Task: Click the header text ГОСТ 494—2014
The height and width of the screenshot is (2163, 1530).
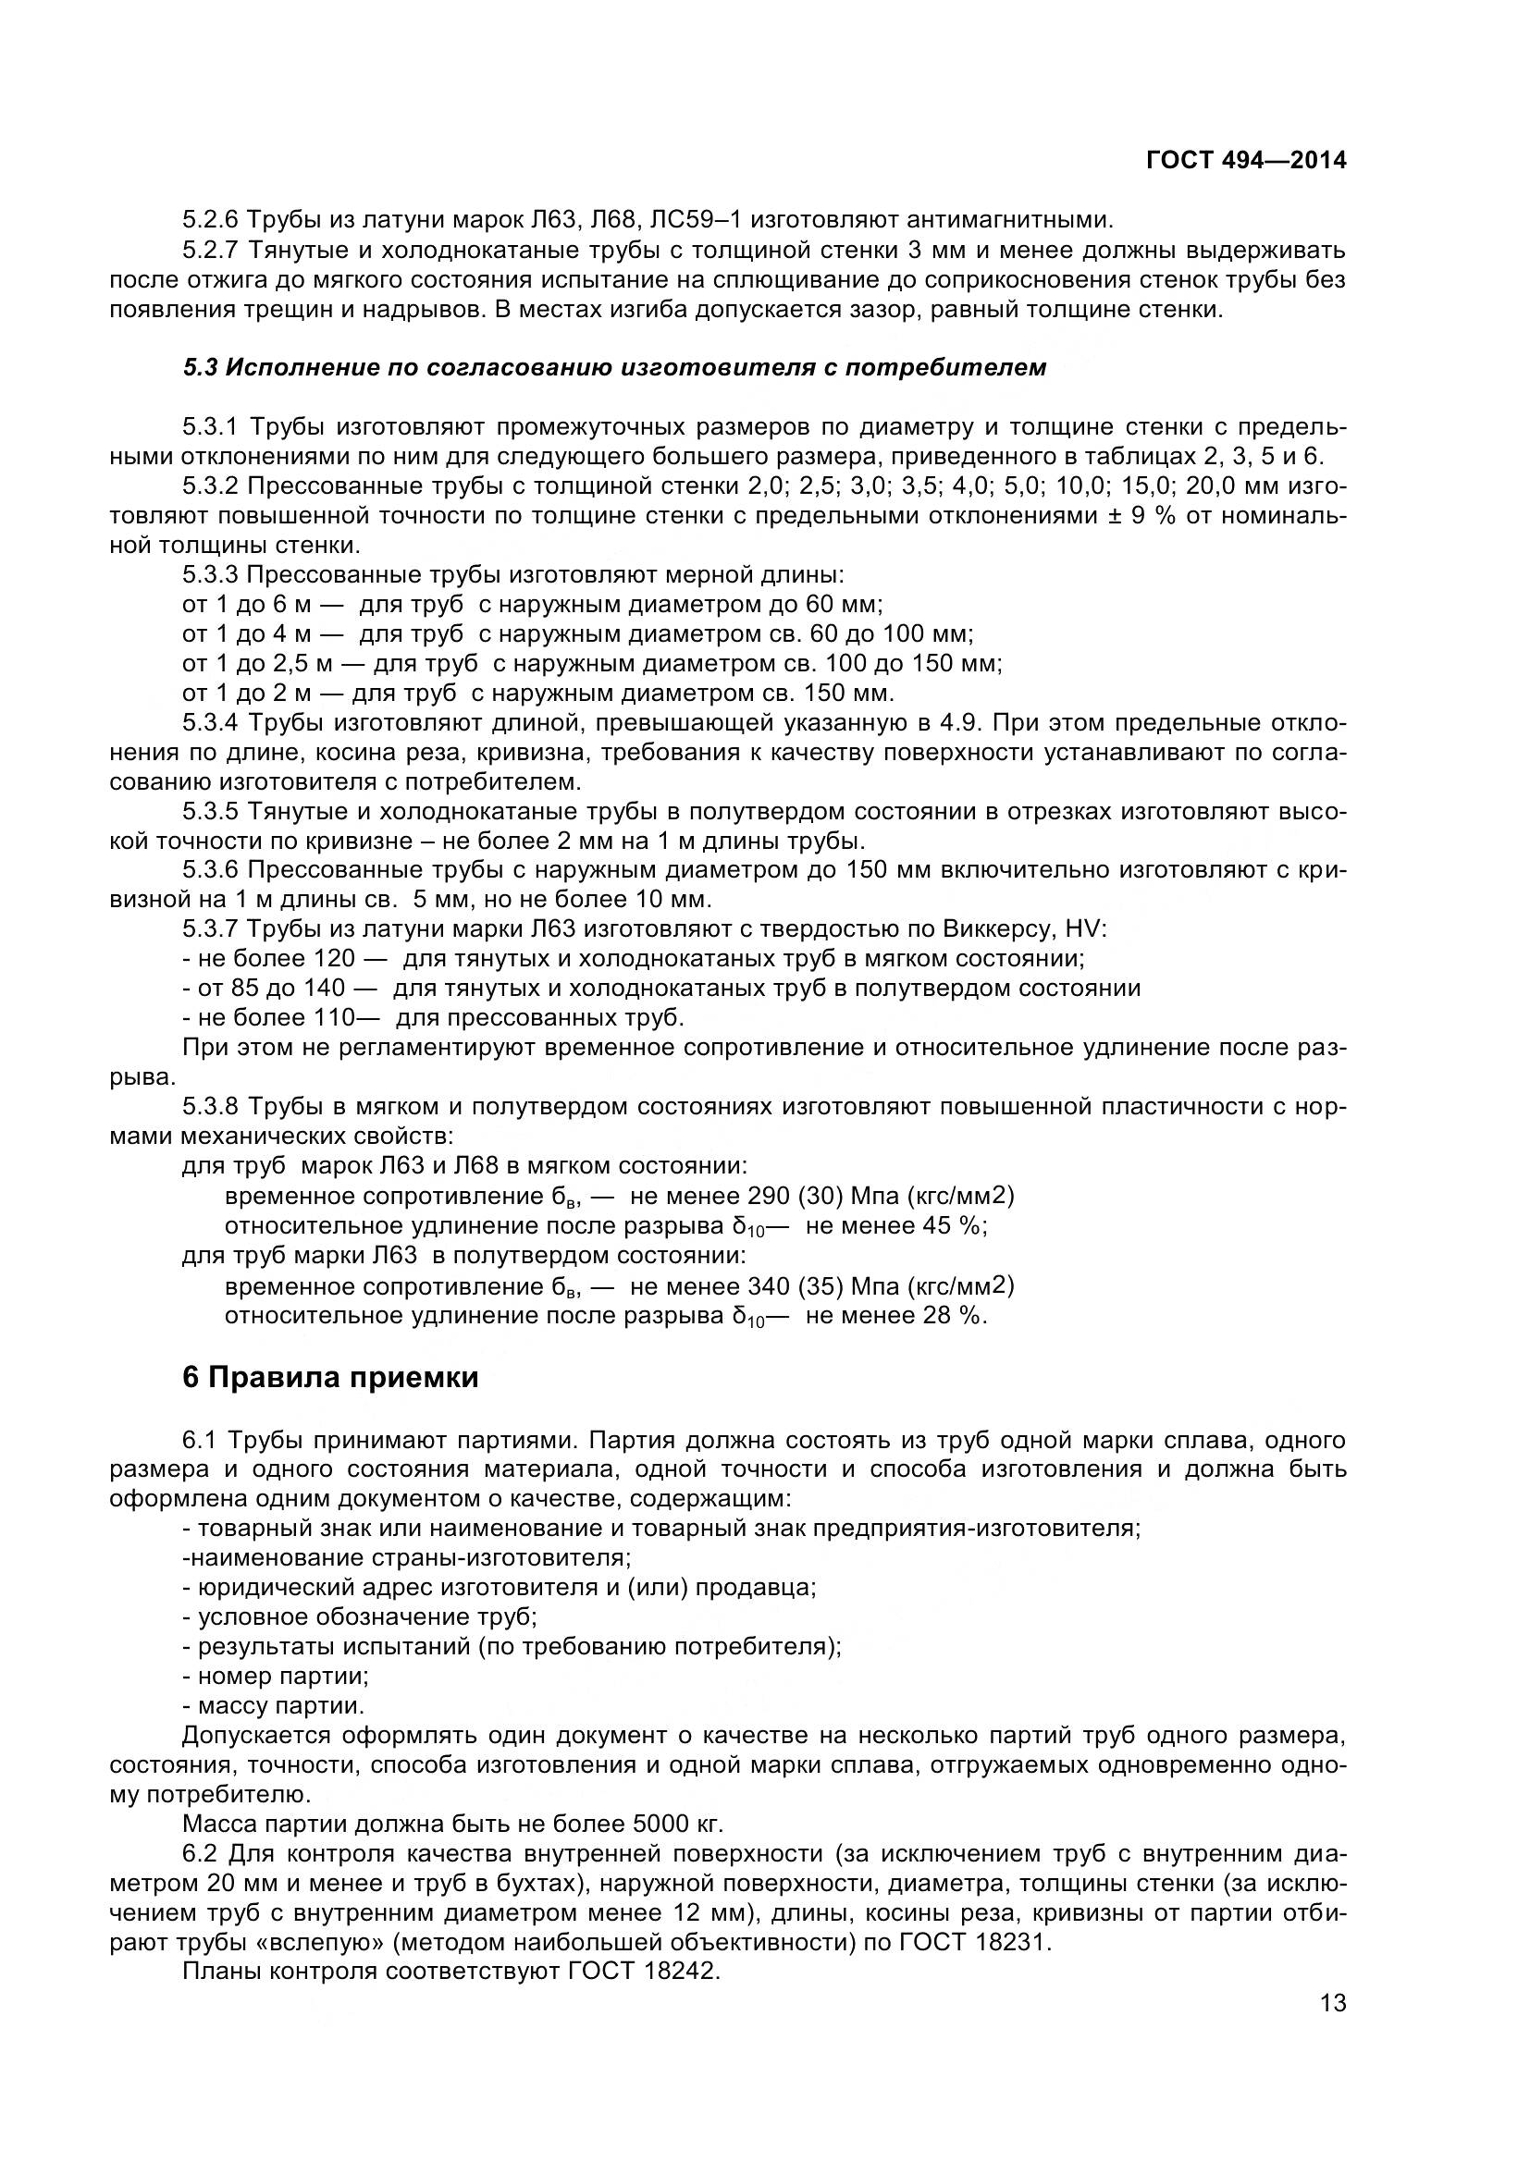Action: pyautogui.click(x=1245, y=161)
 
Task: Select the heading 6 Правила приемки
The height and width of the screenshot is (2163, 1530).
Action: pyautogui.click(x=329, y=1377)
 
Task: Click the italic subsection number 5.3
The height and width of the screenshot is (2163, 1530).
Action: pyautogui.click(x=200, y=367)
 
